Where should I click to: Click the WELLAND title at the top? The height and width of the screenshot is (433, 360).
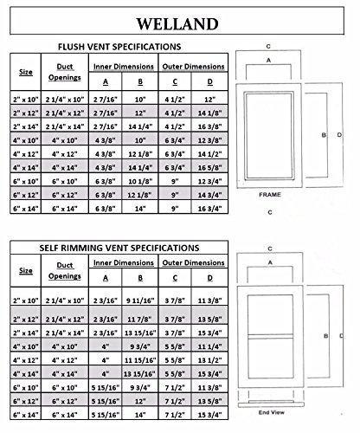point(177,24)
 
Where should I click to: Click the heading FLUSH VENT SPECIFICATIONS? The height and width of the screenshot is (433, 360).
point(119,47)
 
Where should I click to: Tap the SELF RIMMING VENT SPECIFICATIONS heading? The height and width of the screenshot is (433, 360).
point(119,248)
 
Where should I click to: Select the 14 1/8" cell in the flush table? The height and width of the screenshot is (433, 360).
point(209,113)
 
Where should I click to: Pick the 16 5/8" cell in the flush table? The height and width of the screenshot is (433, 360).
point(209,168)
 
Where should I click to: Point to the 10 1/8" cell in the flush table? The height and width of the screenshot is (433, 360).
point(140,181)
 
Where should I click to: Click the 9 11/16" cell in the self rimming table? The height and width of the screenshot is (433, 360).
point(140,301)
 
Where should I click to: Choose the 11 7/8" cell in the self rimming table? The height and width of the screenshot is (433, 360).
point(140,320)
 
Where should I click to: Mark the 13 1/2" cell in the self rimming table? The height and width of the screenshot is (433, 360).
point(209,360)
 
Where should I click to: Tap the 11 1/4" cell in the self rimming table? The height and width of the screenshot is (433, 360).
point(209,346)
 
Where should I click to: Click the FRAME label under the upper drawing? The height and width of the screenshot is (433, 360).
point(270,195)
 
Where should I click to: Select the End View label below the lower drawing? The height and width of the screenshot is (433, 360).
point(272,412)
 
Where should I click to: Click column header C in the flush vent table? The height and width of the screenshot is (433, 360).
point(175,82)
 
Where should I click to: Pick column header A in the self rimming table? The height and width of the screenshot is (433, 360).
point(106,278)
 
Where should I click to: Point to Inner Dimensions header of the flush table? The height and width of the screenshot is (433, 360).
point(124,67)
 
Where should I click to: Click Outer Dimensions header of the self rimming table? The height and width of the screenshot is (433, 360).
point(193,262)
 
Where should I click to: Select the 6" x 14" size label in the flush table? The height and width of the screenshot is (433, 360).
point(26,209)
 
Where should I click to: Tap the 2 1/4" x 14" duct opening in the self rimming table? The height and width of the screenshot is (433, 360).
point(65,333)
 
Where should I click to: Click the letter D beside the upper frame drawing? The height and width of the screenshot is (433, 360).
point(339,134)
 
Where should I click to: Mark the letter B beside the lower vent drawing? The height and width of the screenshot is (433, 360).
point(326,336)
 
